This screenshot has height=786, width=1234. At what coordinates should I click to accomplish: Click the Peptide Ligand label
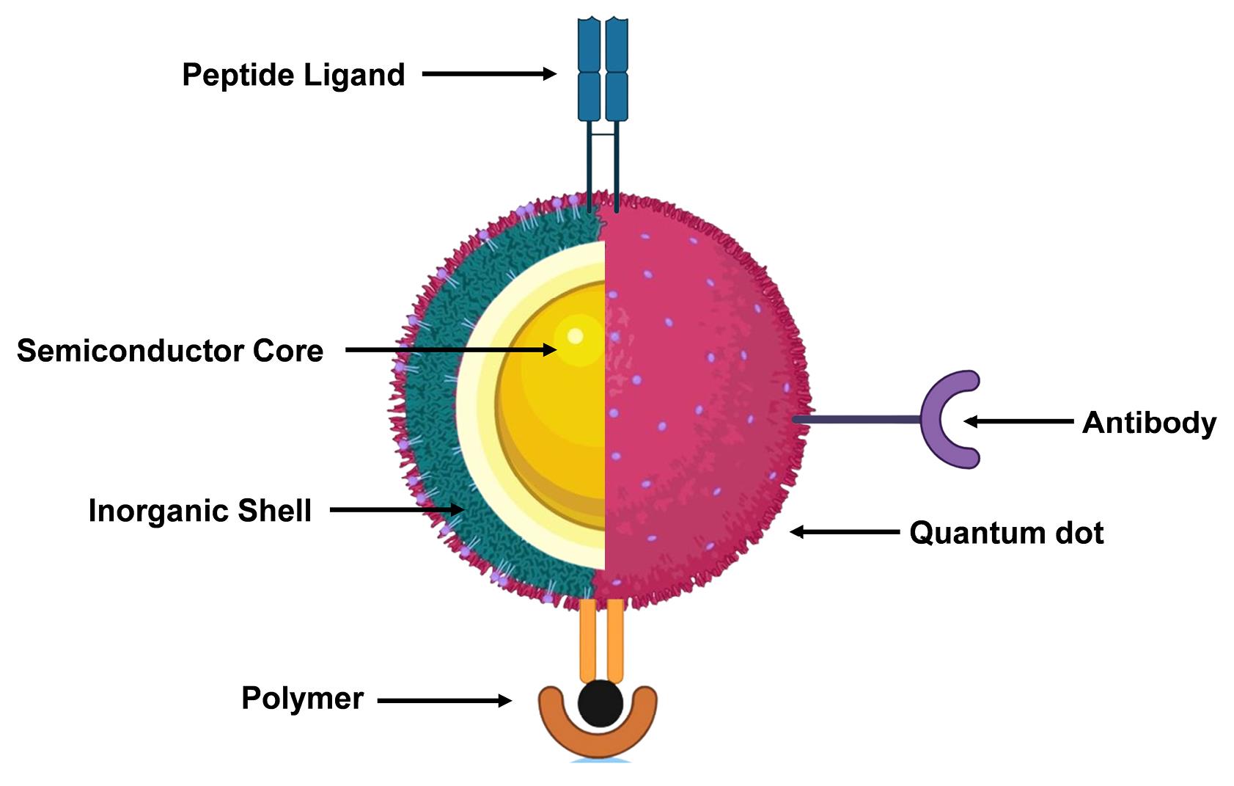tap(293, 75)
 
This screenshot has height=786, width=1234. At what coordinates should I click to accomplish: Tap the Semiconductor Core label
tap(169, 351)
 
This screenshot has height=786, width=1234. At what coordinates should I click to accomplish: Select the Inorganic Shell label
tap(199, 511)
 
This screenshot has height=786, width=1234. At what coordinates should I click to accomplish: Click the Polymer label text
tap(302, 699)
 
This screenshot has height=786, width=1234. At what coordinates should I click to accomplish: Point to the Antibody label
tap(1149, 423)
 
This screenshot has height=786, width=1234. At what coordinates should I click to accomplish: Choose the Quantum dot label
tap(1006, 533)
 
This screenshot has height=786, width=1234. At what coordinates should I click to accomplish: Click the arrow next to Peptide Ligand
tap(488, 73)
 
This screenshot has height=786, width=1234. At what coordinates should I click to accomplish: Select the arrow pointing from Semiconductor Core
tap(450, 350)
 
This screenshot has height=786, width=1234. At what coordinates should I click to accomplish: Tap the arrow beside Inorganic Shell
tap(397, 509)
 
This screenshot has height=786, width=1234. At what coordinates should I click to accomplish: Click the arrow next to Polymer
tap(444, 701)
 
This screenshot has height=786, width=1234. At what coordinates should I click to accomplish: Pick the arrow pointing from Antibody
tap(1018, 421)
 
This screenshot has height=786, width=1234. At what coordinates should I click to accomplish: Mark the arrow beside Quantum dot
tap(845, 531)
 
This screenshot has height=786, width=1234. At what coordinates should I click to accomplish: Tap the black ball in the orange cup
tap(601, 703)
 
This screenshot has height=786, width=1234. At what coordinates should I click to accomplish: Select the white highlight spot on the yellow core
tap(576, 336)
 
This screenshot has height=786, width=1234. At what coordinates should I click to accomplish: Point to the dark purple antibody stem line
tap(858, 420)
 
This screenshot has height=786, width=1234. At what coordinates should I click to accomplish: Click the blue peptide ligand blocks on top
tap(603, 70)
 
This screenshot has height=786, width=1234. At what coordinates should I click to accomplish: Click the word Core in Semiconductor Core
tap(288, 351)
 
